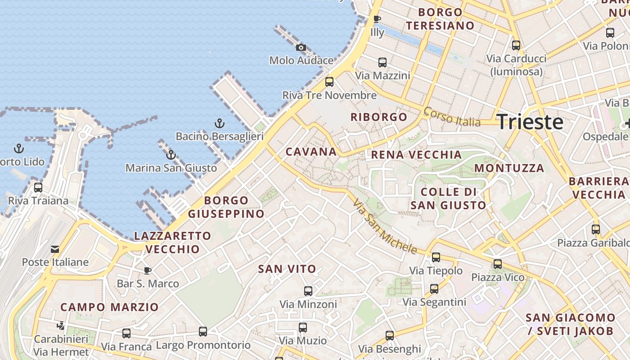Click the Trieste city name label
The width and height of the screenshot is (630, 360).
530,122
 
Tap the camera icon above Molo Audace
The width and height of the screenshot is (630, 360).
301,47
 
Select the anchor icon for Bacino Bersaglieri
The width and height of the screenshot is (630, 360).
219,123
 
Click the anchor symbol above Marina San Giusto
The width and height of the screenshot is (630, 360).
171,155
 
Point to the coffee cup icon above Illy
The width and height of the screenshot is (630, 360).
377,19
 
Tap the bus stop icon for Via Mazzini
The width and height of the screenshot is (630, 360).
382,63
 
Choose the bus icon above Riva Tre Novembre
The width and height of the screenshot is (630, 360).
329,82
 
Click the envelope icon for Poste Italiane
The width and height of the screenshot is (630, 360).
55,249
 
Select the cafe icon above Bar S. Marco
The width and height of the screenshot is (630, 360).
147,270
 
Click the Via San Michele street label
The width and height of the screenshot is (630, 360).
385,226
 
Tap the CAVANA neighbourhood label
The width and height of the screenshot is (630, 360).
311,152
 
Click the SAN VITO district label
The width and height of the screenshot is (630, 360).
287,269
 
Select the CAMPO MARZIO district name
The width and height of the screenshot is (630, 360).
109,307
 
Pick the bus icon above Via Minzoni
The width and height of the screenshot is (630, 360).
308,291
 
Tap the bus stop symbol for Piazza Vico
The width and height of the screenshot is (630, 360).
498,264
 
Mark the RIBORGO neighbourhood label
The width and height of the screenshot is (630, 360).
379,117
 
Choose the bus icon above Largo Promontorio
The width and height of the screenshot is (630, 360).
203,332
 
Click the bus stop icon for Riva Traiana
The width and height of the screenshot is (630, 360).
38,187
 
